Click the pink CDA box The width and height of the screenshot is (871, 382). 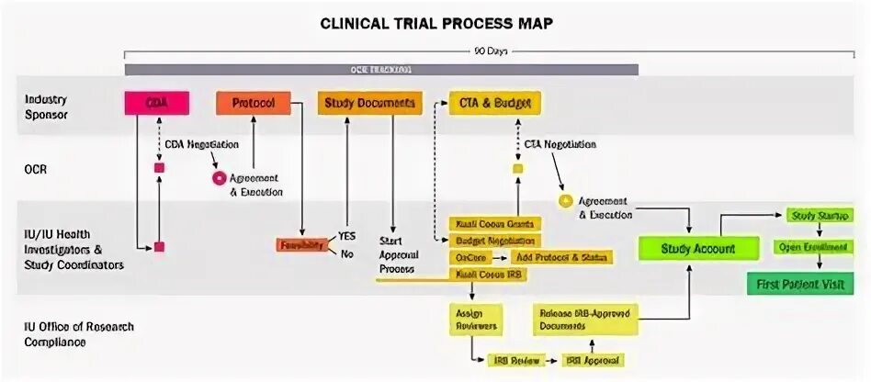click(x=156, y=103)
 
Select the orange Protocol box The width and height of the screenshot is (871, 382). click(x=252, y=103)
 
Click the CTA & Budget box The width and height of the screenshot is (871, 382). click(x=493, y=103)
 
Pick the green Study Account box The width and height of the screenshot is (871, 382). click(x=699, y=248)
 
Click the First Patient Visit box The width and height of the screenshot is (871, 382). click(x=799, y=284)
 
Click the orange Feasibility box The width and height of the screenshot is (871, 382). click(x=302, y=245)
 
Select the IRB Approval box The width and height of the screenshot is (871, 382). click(x=592, y=361)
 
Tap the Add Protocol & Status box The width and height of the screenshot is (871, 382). click(x=560, y=258)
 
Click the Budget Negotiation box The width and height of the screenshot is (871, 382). click(x=494, y=241)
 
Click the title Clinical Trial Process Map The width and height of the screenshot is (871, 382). click(x=435, y=22)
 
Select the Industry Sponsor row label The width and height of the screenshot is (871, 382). click(x=46, y=107)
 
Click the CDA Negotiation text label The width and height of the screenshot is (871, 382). click(x=201, y=144)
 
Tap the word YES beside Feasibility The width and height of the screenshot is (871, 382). click(x=347, y=236)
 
